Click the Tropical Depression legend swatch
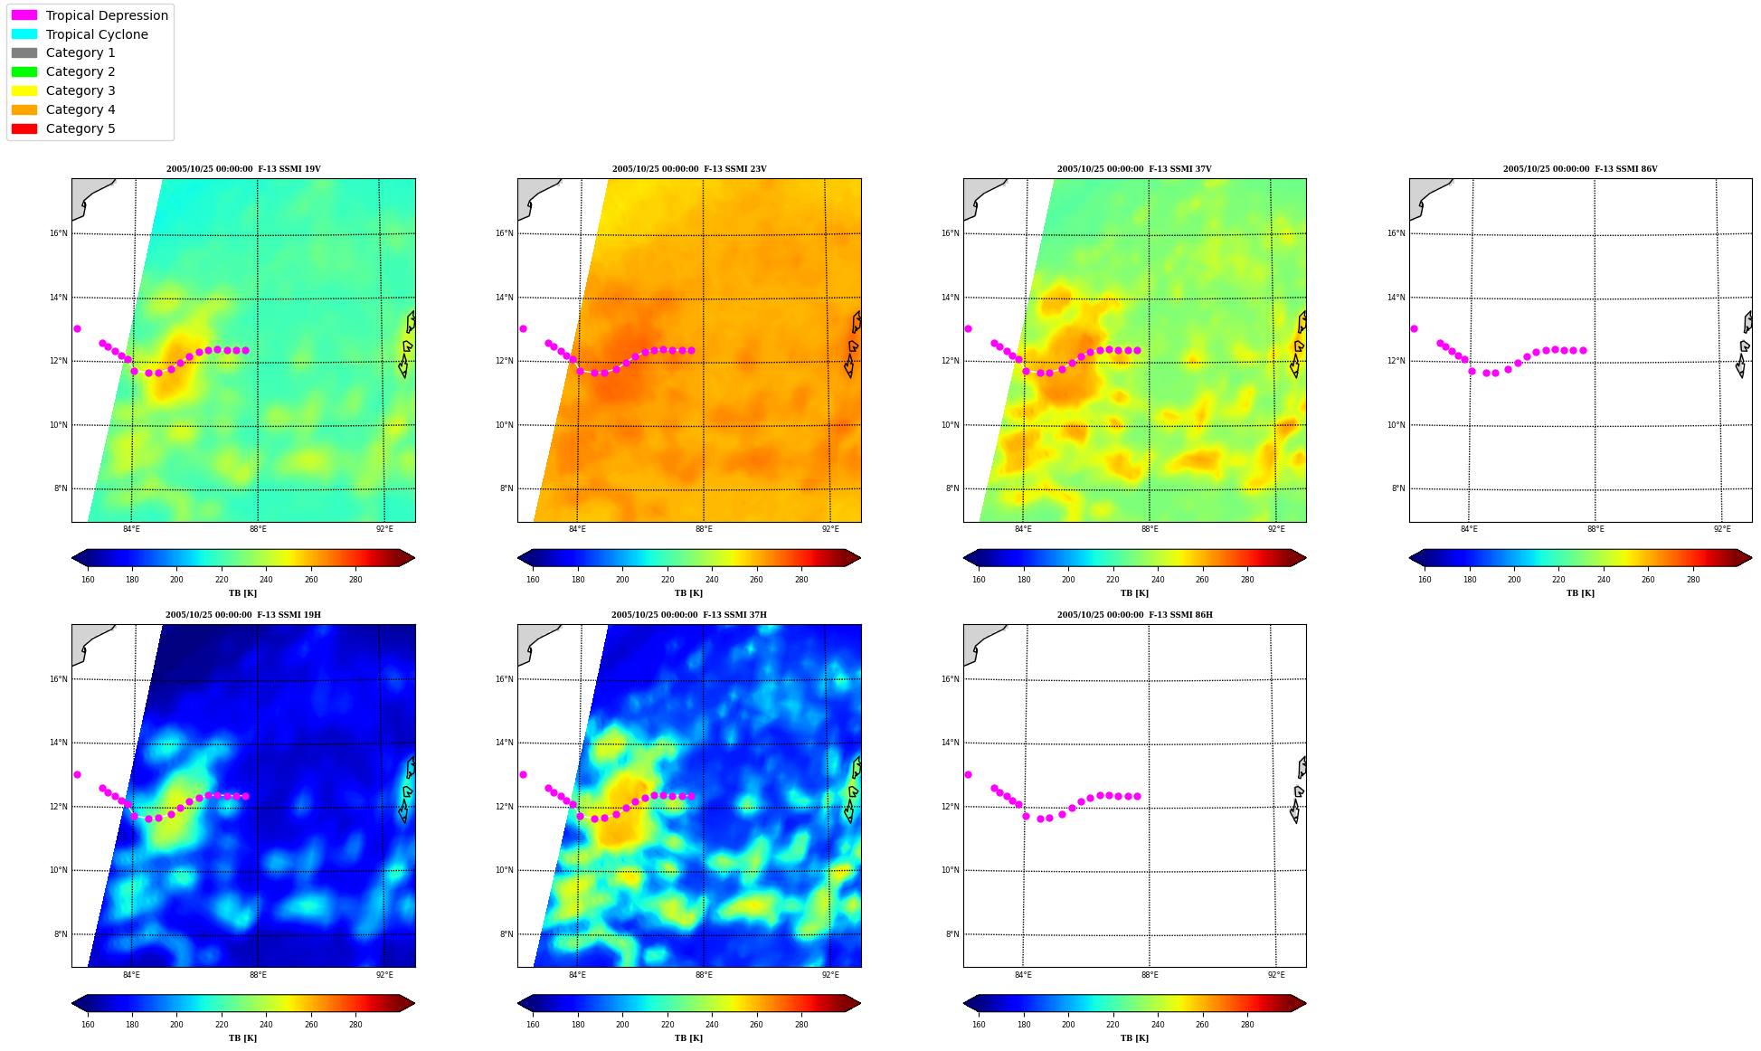[x=24, y=15]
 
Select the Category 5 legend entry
[x=63, y=128]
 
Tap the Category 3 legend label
[x=80, y=90]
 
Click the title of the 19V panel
[x=243, y=169]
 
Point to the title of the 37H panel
[x=688, y=615]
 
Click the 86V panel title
[x=1580, y=169]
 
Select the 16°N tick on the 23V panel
[x=504, y=233]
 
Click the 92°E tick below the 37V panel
[x=1276, y=529]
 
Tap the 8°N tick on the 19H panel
[x=61, y=934]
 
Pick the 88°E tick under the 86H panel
[x=1150, y=975]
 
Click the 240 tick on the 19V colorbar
[x=266, y=580]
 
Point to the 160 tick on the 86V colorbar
[x=1425, y=580]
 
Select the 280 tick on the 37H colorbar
[x=801, y=1025]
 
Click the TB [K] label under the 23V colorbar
[x=688, y=593]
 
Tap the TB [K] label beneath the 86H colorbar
[x=1134, y=1038]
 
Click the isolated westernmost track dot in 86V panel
[x=1414, y=328]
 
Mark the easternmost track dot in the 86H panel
[x=1137, y=796]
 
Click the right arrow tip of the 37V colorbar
[x=1305, y=557]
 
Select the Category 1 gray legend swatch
[x=24, y=53]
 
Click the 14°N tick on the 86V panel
[x=1396, y=298]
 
